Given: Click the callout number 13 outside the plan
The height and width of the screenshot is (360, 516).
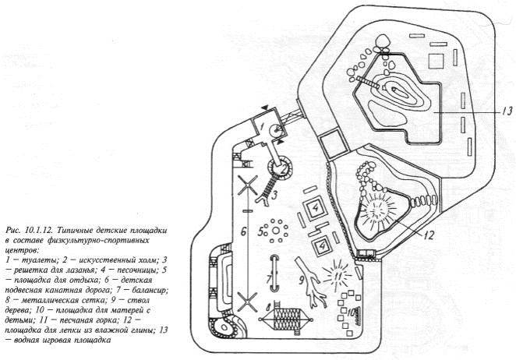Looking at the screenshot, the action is point(507,111).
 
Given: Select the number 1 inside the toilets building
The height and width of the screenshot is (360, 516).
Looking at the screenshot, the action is point(262,125).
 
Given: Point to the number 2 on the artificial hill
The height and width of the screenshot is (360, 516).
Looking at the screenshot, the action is point(283,171).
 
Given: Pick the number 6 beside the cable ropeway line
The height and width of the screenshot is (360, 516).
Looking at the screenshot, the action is point(243,232).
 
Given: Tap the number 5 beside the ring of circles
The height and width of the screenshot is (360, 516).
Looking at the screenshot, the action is point(261,232).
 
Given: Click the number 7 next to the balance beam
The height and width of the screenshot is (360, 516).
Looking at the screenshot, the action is point(269,280).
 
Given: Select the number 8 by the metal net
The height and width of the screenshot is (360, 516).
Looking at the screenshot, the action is point(269,308).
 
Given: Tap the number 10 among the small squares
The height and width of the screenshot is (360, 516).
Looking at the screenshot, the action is point(353,312).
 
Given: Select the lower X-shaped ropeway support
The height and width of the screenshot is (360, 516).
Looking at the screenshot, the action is point(247,301).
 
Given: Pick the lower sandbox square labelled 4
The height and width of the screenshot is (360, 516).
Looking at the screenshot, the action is point(320,246).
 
